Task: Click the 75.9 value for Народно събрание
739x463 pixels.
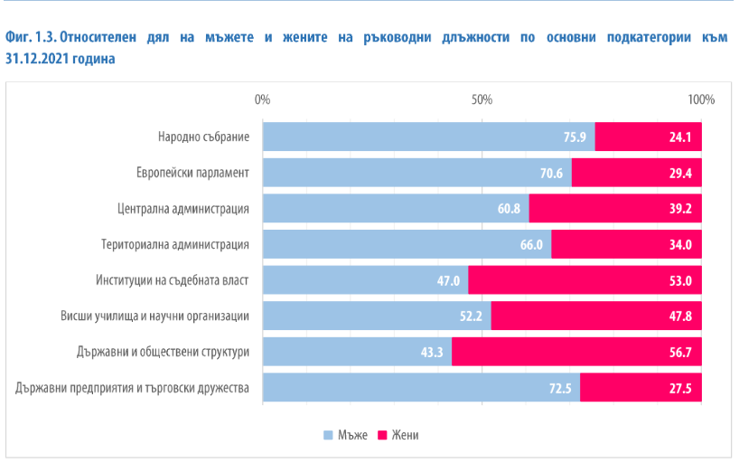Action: click(x=575, y=137)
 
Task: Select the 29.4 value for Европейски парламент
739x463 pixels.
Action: click(x=680, y=173)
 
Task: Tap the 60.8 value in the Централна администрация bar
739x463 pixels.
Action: click(x=509, y=209)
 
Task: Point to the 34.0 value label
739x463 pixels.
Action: click(x=680, y=244)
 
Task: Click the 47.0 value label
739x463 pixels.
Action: click(x=449, y=280)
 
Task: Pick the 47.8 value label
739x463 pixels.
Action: click(x=680, y=316)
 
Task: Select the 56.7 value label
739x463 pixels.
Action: click(x=680, y=352)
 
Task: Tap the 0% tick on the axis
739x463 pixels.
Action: click(x=263, y=99)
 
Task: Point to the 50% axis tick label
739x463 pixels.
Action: click(x=482, y=99)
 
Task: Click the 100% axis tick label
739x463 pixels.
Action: click(x=701, y=99)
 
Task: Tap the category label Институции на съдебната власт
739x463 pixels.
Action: click(x=173, y=280)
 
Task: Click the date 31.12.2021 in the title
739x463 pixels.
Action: click(x=38, y=58)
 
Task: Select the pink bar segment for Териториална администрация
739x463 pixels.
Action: click(x=626, y=244)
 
